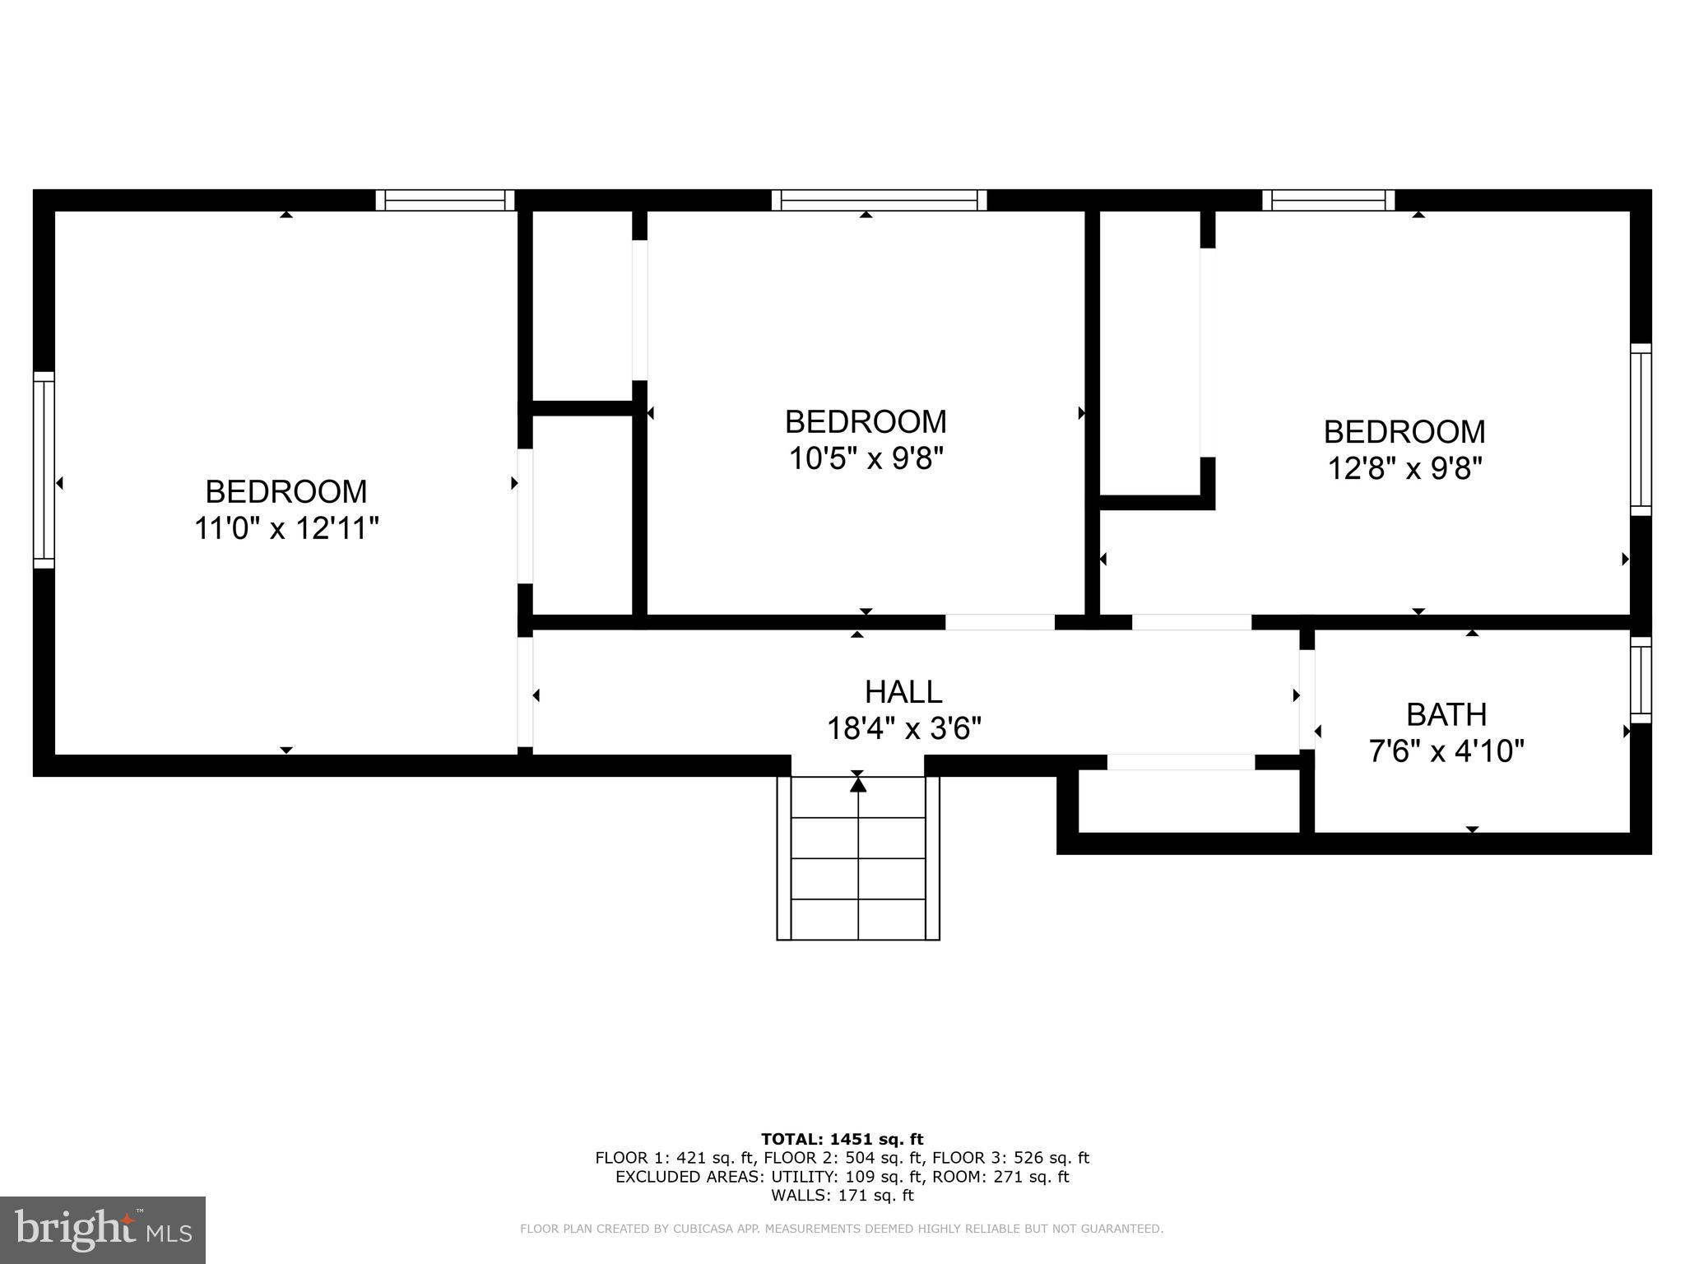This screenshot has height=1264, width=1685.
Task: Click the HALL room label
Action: [x=903, y=692]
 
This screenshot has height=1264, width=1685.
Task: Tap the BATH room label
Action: [x=1446, y=714]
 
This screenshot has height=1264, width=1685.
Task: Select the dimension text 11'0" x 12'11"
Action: [x=285, y=528]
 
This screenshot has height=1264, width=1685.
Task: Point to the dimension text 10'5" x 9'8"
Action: [x=865, y=458]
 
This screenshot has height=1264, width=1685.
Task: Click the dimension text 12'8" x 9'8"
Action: [x=1404, y=469]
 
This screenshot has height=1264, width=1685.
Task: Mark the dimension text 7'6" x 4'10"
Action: [x=1446, y=751]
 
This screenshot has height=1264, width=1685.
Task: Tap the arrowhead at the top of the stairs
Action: [x=858, y=785]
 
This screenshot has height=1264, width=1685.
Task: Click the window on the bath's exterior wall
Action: [x=1641, y=680]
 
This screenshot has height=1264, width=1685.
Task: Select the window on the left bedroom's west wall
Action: [x=44, y=470]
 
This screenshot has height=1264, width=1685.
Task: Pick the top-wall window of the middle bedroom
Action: [x=879, y=200]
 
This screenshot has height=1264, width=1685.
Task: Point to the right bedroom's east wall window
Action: [x=1641, y=430]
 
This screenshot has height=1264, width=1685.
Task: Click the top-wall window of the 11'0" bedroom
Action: [x=445, y=200]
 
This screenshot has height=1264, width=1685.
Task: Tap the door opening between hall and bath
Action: [x=1307, y=699]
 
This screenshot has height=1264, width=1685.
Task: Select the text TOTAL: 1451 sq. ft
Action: [x=842, y=1139]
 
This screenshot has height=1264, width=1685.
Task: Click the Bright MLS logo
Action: [x=103, y=1230]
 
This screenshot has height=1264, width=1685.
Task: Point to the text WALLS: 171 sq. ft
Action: [x=842, y=1196]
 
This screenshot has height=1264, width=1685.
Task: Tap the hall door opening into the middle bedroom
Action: [x=1000, y=622]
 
